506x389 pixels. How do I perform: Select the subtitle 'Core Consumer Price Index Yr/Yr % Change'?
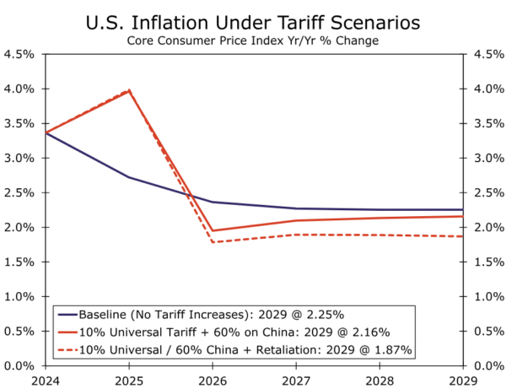(253, 40)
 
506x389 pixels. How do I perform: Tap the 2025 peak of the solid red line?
(128, 90)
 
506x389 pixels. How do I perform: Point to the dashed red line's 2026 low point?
(212, 242)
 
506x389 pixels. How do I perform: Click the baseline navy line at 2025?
(128, 177)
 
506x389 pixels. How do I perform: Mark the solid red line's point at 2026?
(212, 230)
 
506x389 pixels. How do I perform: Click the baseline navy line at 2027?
(295, 208)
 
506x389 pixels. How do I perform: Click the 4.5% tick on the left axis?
(19, 54)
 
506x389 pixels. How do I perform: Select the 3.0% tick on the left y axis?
(19, 158)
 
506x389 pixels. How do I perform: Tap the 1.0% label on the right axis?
(486, 296)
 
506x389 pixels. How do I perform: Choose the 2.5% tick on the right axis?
(486, 192)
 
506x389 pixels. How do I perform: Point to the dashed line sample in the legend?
(69, 349)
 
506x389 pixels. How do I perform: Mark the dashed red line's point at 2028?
(379, 235)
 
